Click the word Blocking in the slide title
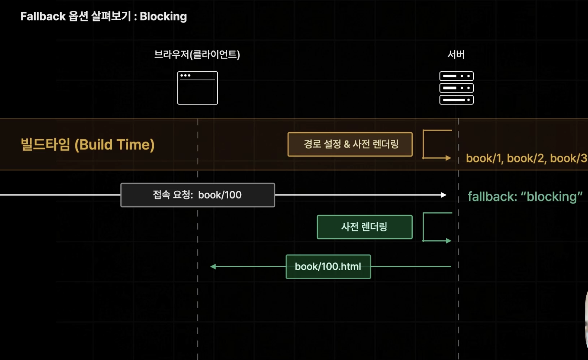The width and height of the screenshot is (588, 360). (x=163, y=16)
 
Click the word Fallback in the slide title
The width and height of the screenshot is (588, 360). (x=43, y=16)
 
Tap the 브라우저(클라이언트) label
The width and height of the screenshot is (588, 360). (x=197, y=54)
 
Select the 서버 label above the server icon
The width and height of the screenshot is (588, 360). (x=456, y=54)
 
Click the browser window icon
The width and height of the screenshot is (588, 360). (x=198, y=88)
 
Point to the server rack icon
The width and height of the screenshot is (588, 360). (x=456, y=88)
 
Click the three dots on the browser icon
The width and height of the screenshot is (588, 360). (x=185, y=76)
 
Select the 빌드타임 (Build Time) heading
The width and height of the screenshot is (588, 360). (x=87, y=145)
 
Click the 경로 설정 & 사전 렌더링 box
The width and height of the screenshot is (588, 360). (x=350, y=144)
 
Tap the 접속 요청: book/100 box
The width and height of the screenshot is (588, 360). (x=198, y=195)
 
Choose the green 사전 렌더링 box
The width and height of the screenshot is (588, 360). (x=364, y=227)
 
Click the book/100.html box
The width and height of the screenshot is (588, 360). (x=328, y=267)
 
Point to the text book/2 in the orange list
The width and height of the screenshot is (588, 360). (x=525, y=158)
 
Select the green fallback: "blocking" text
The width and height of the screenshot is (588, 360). (x=525, y=197)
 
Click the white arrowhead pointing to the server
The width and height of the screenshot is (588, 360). (x=443, y=195)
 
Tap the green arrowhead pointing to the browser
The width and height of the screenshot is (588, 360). (x=213, y=267)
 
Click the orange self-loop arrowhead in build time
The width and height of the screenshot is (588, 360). (x=448, y=158)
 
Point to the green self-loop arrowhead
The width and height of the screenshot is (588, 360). (x=448, y=241)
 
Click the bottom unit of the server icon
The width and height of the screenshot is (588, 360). (x=456, y=100)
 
